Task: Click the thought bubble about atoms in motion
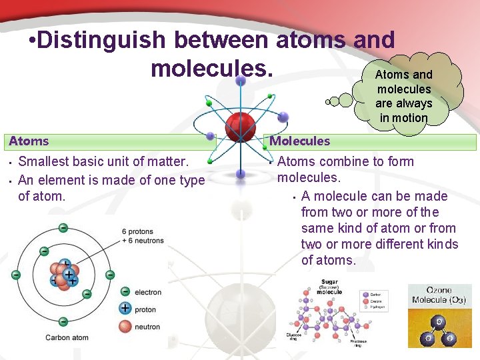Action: [x=403, y=96]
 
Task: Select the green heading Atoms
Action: [x=29, y=141]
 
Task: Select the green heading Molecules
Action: [x=300, y=141]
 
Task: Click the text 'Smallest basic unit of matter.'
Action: [x=103, y=161]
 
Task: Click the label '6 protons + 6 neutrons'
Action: [x=142, y=236]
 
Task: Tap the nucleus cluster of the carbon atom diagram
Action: [x=64, y=275]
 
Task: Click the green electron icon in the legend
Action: [x=125, y=291]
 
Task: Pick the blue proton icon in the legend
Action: [x=125, y=308]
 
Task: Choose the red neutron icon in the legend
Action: [x=125, y=326]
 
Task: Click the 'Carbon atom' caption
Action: [x=67, y=338]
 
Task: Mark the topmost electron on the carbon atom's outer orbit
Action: [x=63, y=228]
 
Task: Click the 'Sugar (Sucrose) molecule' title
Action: [x=329, y=287]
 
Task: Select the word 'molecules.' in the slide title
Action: [x=212, y=67]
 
